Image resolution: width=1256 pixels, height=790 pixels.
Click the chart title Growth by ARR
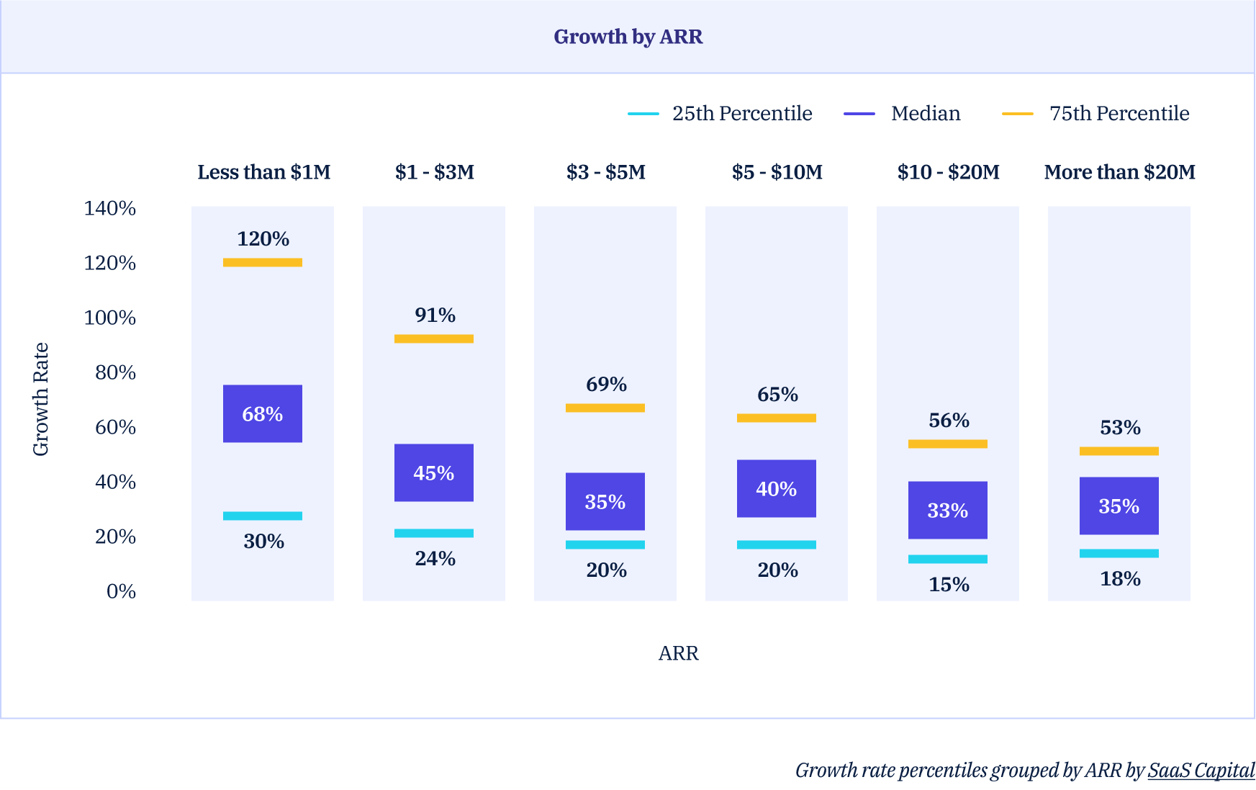628,37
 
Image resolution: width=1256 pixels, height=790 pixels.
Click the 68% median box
263,413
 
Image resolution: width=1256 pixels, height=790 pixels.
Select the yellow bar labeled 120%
263,263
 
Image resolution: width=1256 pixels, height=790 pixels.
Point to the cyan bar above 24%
434,534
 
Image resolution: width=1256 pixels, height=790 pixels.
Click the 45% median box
434,472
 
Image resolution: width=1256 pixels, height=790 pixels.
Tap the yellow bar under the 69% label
605,408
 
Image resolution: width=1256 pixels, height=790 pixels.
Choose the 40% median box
777,488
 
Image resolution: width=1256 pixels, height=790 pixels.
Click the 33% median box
948,510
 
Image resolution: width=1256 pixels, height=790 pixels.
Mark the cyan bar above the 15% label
948,560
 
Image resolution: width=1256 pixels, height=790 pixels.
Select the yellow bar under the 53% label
1119,452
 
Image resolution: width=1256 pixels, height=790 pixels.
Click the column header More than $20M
1119,172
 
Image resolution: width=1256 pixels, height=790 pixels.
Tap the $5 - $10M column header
777,172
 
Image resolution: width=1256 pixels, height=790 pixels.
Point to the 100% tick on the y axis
110,318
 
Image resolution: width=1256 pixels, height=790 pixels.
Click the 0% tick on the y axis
121,591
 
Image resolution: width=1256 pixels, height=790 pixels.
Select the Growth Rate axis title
41,399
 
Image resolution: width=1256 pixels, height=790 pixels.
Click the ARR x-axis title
678,653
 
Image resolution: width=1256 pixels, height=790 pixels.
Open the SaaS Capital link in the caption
1201,771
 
